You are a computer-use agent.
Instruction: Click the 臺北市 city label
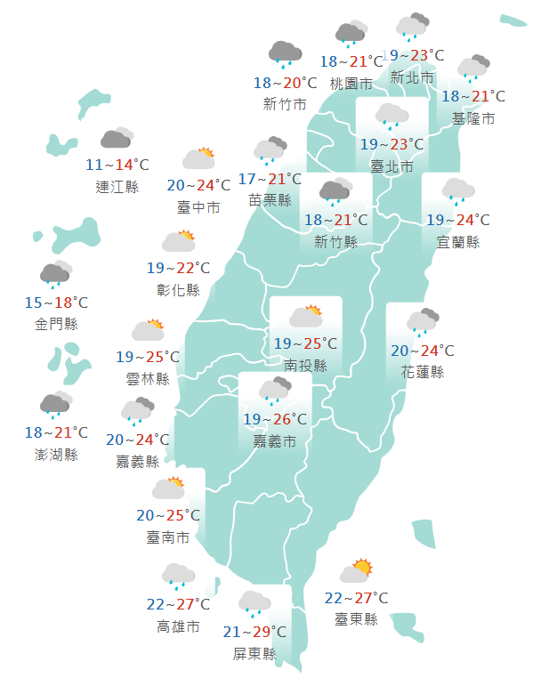[x=392, y=166]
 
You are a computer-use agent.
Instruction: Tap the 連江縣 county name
[x=117, y=187]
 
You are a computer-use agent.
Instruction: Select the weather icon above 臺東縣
[x=356, y=570]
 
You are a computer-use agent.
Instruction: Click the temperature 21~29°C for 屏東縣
[x=254, y=632]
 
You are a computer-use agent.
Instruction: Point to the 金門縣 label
[x=57, y=324]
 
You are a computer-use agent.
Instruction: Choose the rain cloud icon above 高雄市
[x=178, y=577]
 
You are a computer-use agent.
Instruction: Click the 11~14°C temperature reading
[x=117, y=165]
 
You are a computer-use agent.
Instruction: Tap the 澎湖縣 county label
[x=57, y=455]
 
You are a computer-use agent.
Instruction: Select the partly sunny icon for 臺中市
[x=199, y=158]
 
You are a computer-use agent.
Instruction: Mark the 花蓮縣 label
[x=422, y=372]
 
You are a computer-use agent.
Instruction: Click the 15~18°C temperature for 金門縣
[x=57, y=303]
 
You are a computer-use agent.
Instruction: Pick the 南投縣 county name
[x=306, y=365]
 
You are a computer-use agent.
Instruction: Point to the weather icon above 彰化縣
[x=178, y=240]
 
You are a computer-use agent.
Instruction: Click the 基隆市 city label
[x=473, y=118]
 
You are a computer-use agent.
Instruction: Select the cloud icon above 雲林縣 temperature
[x=148, y=330]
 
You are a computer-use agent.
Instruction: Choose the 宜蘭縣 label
[x=458, y=242]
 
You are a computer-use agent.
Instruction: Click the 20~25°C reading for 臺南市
[x=167, y=515]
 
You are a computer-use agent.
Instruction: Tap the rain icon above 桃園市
[x=351, y=34]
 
